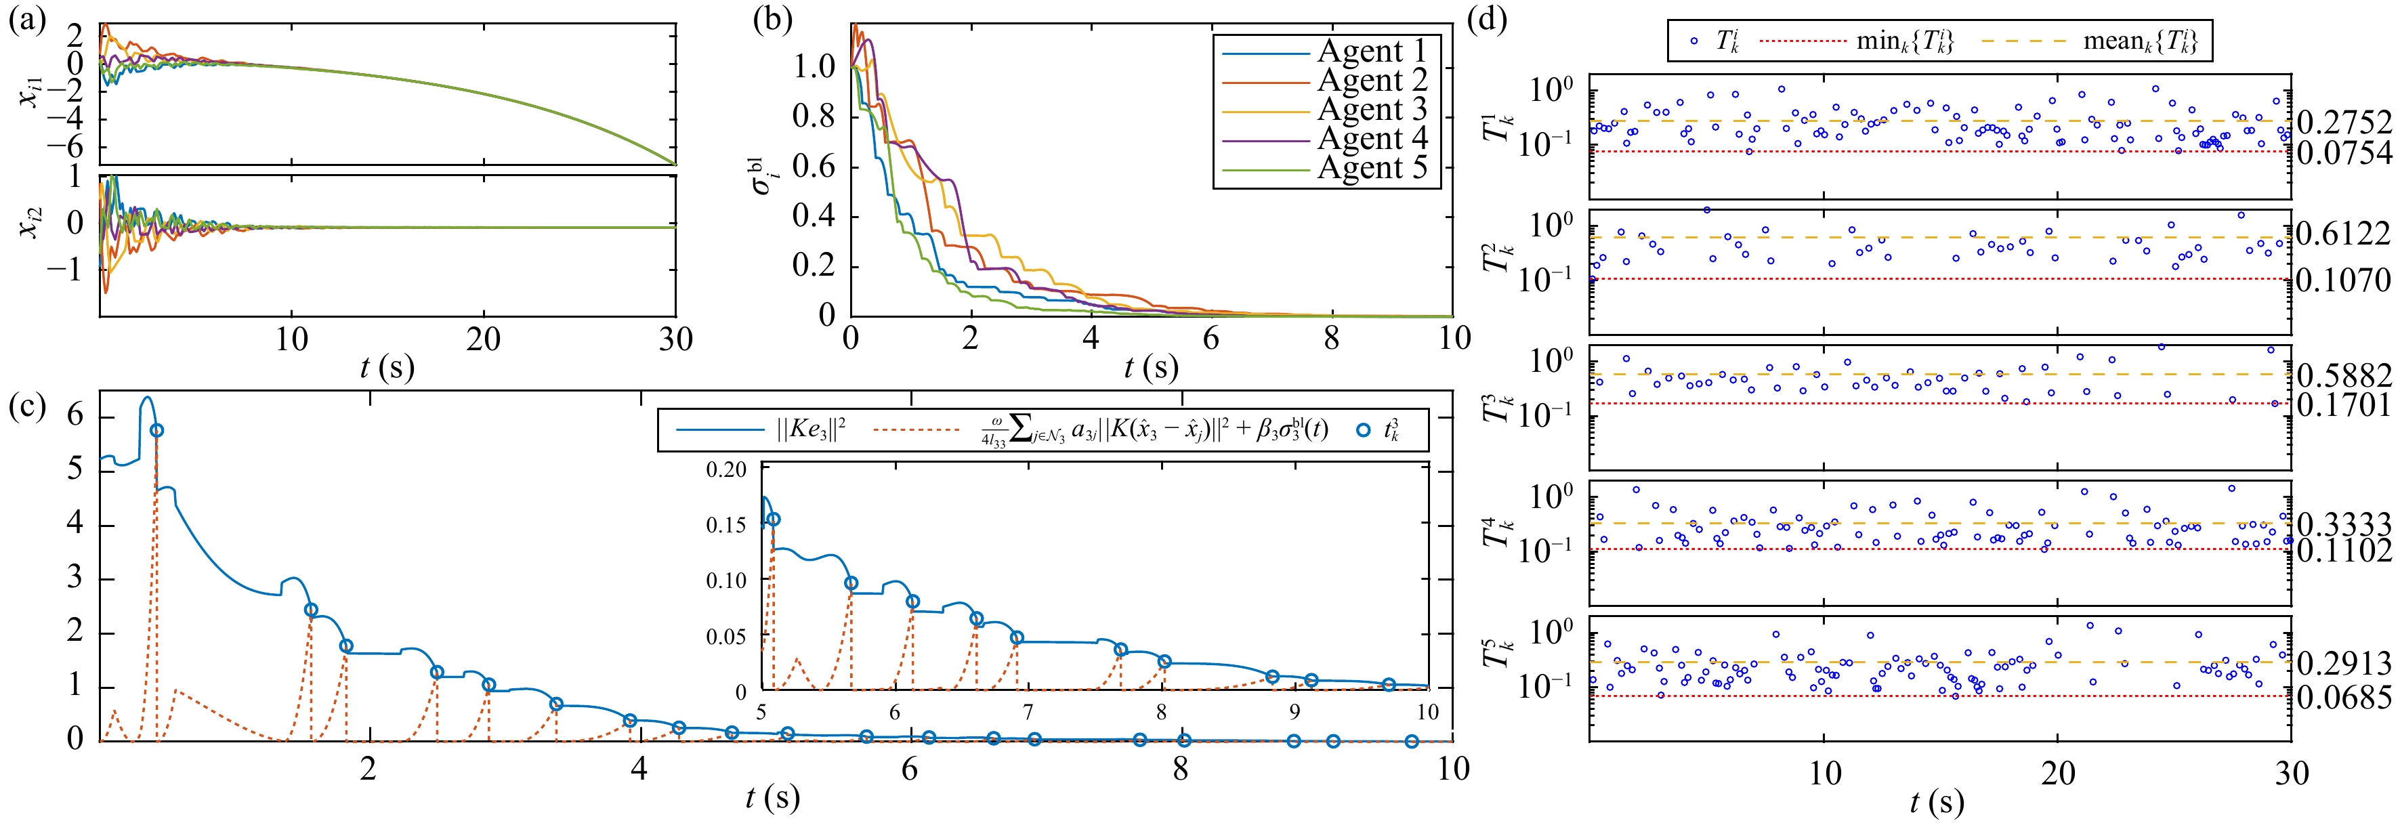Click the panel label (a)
pyautogui.click(x=27, y=20)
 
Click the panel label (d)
pyautogui.click(x=1487, y=20)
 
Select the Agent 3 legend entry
pyautogui.click(x=1372, y=110)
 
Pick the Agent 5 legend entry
pyautogui.click(x=1372, y=169)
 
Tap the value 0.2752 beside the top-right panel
pyautogui.click(x=2344, y=122)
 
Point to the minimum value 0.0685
pyautogui.click(x=2344, y=696)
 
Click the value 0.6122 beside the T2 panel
pyautogui.click(x=2344, y=234)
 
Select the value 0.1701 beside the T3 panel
pyautogui.click(x=2344, y=404)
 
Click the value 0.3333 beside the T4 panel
pyautogui.click(x=2344, y=524)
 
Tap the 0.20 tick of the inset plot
pyautogui.click(x=727, y=469)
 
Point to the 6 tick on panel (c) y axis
pyautogui.click(x=75, y=415)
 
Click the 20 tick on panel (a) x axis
pyautogui.click(x=484, y=339)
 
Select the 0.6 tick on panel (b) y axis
pyautogui.click(x=814, y=167)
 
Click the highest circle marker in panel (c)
pyautogui.click(x=156, y=429)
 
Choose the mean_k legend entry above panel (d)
pyautogui.click(x=2140, y=42)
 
